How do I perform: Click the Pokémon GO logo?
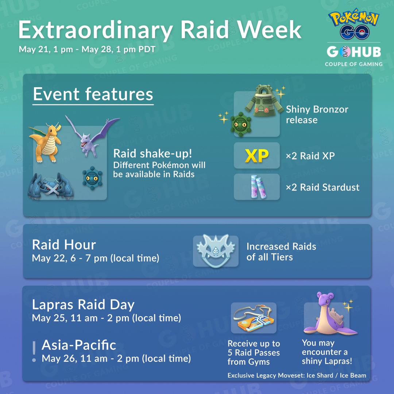coord(354,24)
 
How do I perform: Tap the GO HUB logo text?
coord(354,52)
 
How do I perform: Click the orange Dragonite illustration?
coord(45,142)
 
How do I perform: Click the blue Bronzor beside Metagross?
coord(92,178)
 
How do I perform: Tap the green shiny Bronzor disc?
coord(241,124)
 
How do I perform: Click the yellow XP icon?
coord(257,156)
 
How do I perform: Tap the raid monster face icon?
coord(216,251)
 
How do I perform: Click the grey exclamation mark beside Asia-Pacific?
coord(34,351)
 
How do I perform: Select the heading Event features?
coord(93,94)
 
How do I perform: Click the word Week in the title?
coord(269,30)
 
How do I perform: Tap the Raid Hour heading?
coord(64,245)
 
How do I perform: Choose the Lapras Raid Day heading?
coord(83,305)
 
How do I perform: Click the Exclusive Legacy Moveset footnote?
coord(297,375)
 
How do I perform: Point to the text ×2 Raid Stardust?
coord(322,188)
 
